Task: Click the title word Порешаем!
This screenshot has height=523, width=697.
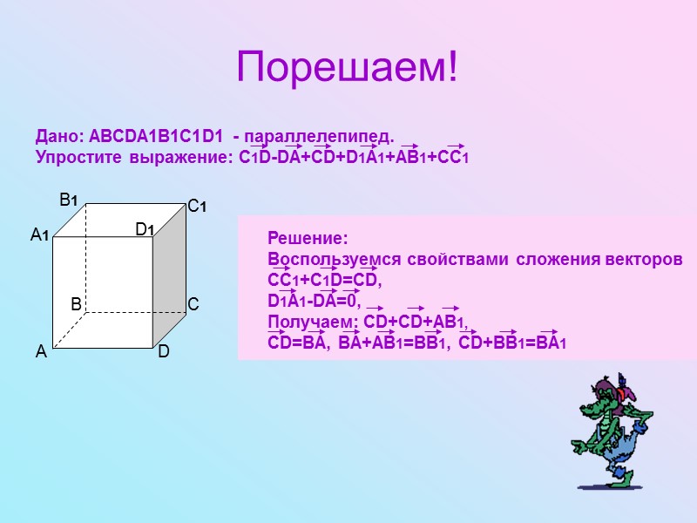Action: (348, 69)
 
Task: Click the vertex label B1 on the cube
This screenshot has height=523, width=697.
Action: (69, 200)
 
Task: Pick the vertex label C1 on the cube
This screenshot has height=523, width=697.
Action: (197, 207)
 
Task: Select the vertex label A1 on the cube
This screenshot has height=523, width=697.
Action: (40, 235)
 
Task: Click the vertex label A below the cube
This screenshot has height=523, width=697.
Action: (40, 352)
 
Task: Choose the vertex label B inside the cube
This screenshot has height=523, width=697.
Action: (76, 304)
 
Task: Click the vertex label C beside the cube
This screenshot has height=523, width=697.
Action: (193, 304)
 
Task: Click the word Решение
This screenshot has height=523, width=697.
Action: (307, 238)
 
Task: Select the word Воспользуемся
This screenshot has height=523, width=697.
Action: (328, 260)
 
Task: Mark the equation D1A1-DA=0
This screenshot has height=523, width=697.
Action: (314, 302)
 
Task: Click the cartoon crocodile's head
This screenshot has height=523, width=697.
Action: (607, 392)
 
